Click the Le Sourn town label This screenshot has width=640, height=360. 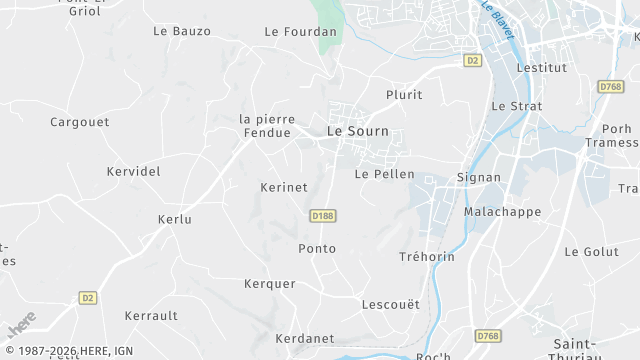click(357, 131)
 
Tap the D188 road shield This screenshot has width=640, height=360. click(322, 215)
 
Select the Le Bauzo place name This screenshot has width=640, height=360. click(182, 31)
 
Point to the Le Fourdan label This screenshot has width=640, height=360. click(301, 31)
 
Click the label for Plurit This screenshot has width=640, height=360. click(404, 95)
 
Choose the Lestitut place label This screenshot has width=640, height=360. click(541, 67)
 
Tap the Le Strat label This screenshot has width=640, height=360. click(516, 105)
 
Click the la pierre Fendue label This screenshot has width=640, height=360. click(265, 125)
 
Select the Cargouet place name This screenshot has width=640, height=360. click(79, 122)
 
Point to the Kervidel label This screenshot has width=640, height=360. click(133, 171)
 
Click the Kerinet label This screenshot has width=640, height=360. click(283, 187)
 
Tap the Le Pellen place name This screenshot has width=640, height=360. click(384, 174)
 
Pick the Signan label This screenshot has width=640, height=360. click(478, 177)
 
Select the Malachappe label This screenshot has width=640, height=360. click(502, 212)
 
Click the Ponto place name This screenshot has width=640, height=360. click(317, 248)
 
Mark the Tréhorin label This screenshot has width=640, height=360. click(427, 257)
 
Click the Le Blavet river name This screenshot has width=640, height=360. click(497, 19)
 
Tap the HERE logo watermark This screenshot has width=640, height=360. click(22, 324)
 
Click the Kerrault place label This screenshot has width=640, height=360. click(151, 315)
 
